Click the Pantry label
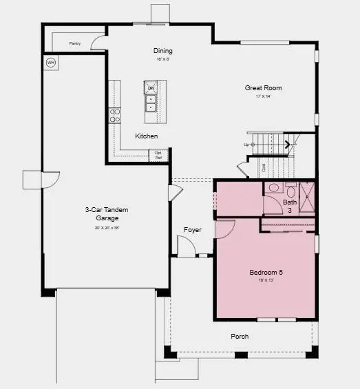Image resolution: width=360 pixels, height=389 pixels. (75, 43)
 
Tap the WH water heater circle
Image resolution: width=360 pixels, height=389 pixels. (50, 63)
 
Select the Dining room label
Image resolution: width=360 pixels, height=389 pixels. (162, 51)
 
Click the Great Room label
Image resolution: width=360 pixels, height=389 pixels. (264, 88)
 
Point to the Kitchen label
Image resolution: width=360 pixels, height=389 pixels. (146, 136)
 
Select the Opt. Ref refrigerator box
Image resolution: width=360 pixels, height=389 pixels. (158, 155)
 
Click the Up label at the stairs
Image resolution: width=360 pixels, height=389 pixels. (246, 145)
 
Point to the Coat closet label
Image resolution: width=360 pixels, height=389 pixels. (263, 167)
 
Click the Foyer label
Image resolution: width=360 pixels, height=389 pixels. (193, 230)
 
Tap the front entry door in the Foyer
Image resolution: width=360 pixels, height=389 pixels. (186, 246)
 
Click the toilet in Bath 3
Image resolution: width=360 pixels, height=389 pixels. (273, 188)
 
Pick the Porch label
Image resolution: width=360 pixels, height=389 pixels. (240, 337)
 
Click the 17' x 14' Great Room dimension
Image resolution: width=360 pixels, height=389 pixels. (264, 96)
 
